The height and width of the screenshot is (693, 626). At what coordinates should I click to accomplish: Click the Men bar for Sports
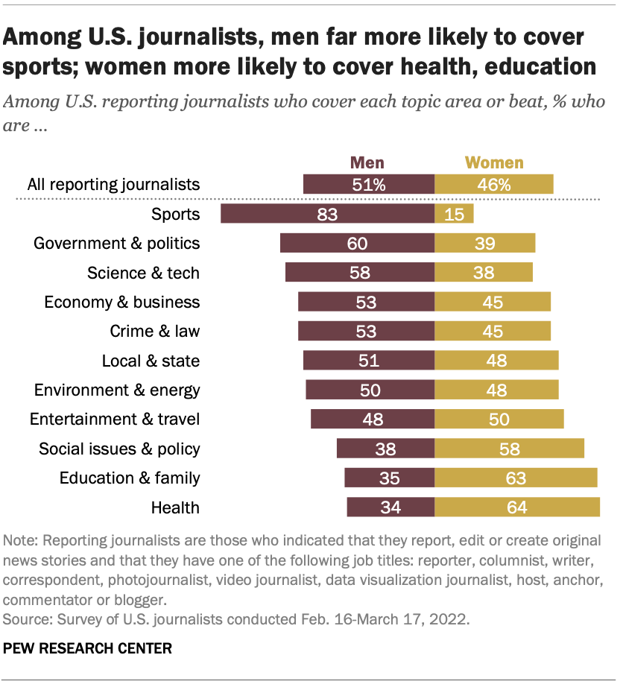pyautogui.click(x=327, y=215)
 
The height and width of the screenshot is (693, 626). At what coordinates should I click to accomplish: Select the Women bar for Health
pyautogui.click(x=517, y=507)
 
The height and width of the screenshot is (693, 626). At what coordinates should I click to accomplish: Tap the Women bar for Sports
pyautogui.click(x=454, y=215)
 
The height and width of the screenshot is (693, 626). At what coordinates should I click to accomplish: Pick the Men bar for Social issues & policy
pyautogui.click(x=385, y=449)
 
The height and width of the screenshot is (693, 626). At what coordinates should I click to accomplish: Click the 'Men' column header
pyautogui.click(x=367, y=162)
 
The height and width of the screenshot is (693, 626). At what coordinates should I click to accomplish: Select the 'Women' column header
pyautogui.click(x=494, y=162)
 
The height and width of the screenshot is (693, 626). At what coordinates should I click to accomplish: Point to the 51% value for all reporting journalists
pyautogui.click(x=369, y=185)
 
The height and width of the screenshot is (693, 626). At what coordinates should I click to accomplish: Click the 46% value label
pyautogui.click(x=494, y=185)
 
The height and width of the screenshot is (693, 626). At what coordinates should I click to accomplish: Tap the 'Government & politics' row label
pyautogui.click(x=117, y=244)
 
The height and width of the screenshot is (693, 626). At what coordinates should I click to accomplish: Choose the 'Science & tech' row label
pyautogui.click(x=143, y=273)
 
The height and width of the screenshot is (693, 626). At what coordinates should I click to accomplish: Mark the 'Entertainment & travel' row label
pyautogui.click(x=115, y=419)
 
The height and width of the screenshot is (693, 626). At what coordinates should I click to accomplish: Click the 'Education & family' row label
pyautogui.click(x=130, y=478)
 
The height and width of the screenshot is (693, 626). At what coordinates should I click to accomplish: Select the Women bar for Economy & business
pyautogui.click(x=493, y=302)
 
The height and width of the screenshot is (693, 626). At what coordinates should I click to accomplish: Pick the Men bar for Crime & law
pyautogui.click(x=366, y=332)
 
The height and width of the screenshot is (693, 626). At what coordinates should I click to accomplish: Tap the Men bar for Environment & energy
pyautogui.click(x=370, y=390)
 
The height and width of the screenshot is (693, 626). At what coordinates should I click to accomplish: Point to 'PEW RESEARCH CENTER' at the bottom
pyautogui.click(x=88, y=648)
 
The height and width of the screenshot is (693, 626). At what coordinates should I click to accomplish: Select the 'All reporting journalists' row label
pyautogui.click(x=113, y=185)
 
